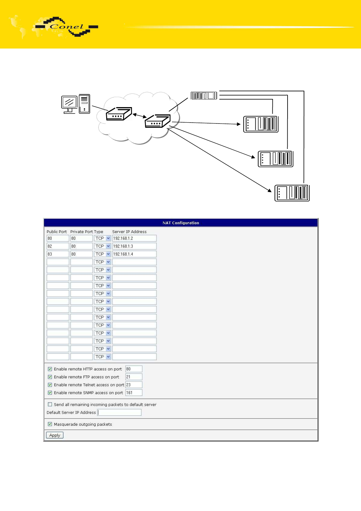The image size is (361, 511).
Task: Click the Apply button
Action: (55, 435)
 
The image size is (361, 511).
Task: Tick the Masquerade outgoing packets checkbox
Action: (50, 424)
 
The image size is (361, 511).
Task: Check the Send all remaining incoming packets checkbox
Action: (50, 404)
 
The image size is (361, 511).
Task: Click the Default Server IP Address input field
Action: (119, 412)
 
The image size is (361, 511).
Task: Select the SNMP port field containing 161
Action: (134, 392)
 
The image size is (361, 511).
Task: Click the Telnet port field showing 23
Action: (134, 385)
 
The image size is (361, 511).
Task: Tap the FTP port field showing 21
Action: (134, 377)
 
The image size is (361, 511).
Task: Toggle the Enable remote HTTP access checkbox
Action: (50, 369)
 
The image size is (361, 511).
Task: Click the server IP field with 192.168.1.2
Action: (134, 238)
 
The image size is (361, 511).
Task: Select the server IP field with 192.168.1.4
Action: (134, 254)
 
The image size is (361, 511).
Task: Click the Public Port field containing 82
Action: (58, 246)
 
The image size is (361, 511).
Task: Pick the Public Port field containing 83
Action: (58, 254)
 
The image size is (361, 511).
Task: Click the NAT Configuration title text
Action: (180, 223)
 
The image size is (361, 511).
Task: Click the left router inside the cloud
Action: (119, 113)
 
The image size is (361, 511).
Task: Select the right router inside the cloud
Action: (157, 121)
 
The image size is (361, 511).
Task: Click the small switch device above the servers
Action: (204, 96)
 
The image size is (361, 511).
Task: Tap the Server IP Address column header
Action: (129, 232)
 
